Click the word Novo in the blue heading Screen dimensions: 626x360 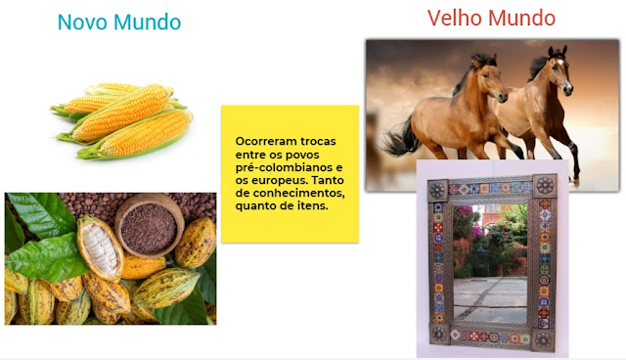pos(83,22)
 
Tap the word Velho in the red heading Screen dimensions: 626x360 pos(455,18)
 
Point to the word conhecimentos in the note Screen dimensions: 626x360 pos(298,193)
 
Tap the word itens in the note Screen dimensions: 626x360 pos(313,206)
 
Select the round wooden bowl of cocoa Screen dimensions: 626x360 pos(150,226)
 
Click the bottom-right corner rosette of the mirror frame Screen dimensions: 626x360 pos(544,340)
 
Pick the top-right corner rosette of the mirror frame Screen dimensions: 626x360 pos(545,185)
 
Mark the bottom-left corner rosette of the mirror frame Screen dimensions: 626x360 pos(439,334)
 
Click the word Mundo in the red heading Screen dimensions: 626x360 pos(521,18)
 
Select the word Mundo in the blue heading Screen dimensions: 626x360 pos(148,22)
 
